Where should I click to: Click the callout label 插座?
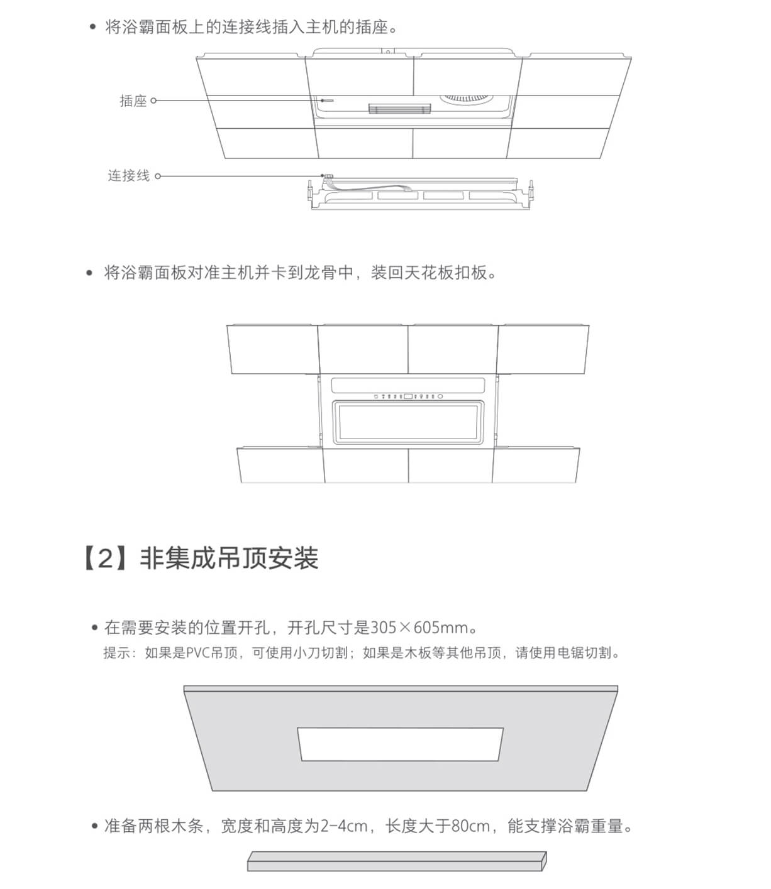click(x=133, y=101)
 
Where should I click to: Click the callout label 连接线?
click(x=129, y=176)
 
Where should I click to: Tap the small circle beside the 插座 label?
click(x=153, y=101)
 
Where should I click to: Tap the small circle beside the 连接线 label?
click(x=158, y=176)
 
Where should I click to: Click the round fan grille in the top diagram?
click(x=467, y=98)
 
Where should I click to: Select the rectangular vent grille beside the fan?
click(x=399, y=109)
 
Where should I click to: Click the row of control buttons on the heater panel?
click(x=408, y=396)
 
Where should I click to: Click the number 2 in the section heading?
click(x=106, y=559)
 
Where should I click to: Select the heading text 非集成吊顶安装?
click(x=229, y=559)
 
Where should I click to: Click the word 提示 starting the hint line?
click(x=117, y=652)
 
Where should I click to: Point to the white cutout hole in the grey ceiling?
click(x=400, y=744)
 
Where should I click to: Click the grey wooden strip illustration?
click(x=397, y=861)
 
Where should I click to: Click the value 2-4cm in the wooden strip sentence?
click(x=344, y=826)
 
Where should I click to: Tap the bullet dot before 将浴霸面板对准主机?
click(x=89, y=273)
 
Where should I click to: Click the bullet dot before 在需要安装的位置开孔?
click(x=95, y=628)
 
